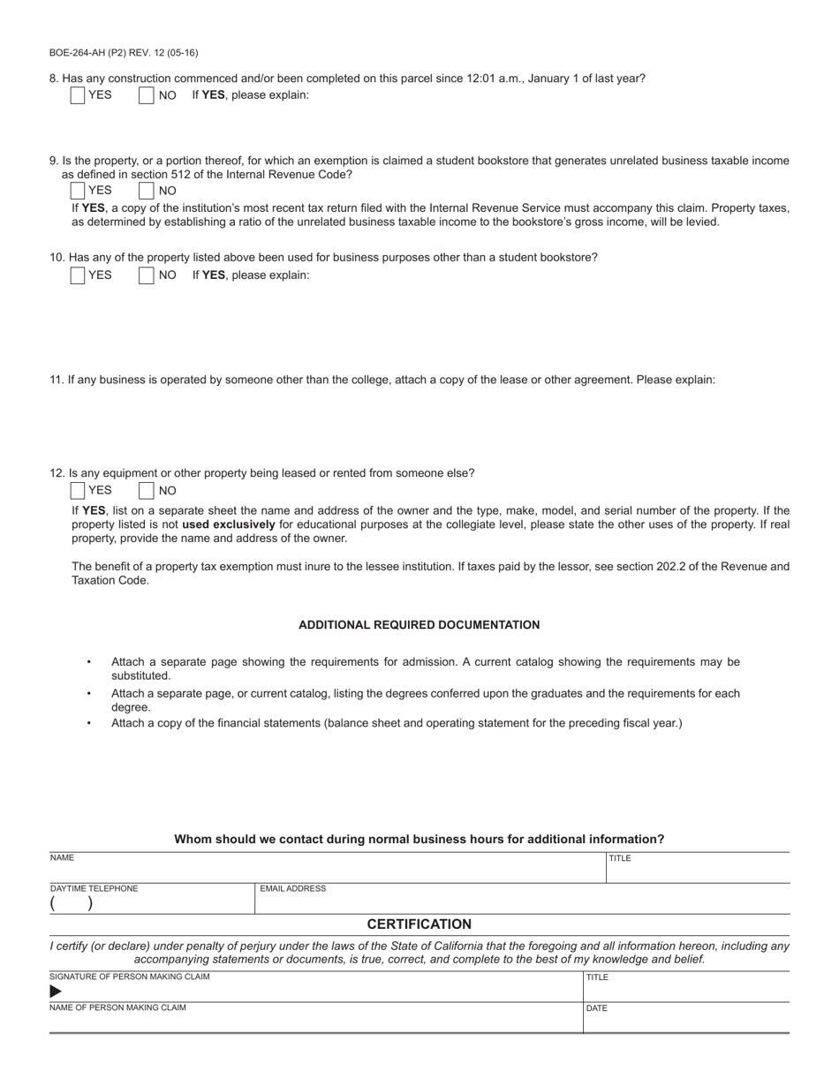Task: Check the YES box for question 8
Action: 78,95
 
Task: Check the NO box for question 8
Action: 147,95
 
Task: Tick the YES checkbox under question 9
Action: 78,190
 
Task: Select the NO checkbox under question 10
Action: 147,275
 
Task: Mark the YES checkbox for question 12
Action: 78,491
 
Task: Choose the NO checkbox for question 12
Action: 147,491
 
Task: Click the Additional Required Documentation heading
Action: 419,625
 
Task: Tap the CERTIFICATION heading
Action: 419,924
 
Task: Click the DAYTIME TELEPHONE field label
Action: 94,889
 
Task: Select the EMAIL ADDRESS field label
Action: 292,889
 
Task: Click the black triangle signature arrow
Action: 56,992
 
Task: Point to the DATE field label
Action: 597,1008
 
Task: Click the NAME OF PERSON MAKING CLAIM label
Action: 117,1007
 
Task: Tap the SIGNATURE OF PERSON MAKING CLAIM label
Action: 130,977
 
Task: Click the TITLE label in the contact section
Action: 620,858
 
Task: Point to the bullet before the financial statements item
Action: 88,723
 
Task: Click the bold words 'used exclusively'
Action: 229,524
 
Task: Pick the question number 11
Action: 57,381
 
